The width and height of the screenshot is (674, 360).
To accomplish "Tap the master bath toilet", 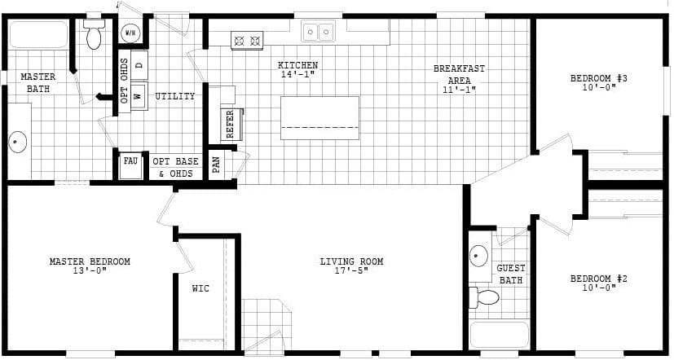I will [94, 34].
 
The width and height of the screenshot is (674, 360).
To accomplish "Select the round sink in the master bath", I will [18, 143].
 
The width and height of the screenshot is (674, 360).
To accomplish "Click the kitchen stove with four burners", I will [247, 39].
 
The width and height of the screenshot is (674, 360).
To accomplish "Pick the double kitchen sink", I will [318, 32].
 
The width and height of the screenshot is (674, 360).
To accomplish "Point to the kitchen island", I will [319, 117].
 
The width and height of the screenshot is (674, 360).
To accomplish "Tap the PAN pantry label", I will [216, 164].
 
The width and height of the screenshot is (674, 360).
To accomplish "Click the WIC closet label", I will [200, 288].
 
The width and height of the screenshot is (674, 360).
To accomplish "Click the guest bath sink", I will [479, 256].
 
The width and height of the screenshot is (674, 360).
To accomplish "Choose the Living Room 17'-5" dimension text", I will [351, 270].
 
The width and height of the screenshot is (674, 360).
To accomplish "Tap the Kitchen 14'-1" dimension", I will [297, 75].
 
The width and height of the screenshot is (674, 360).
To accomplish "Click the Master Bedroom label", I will [90, 261].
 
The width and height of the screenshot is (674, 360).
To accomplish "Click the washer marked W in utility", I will [138, 95].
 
